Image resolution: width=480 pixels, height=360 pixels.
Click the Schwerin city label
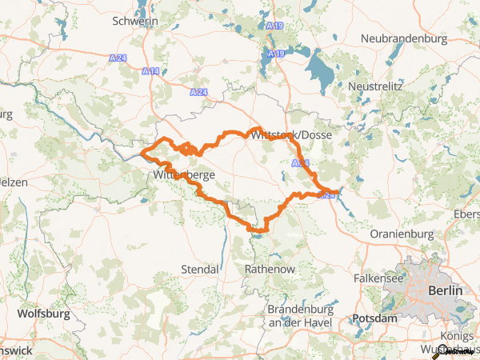point(136,21)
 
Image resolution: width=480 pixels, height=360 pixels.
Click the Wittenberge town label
point(183,174)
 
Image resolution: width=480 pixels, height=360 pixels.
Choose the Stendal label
point(201,269)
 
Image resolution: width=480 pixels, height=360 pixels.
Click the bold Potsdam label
point(374,318)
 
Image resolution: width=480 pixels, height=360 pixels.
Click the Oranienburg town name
point(402,234)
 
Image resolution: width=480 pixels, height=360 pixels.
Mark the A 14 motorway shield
point(148,72)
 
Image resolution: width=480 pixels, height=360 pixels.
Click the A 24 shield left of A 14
point(118,58)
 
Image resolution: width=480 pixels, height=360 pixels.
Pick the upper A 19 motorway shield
point(275,26)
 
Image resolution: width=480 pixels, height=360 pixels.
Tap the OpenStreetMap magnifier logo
point(438,350)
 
